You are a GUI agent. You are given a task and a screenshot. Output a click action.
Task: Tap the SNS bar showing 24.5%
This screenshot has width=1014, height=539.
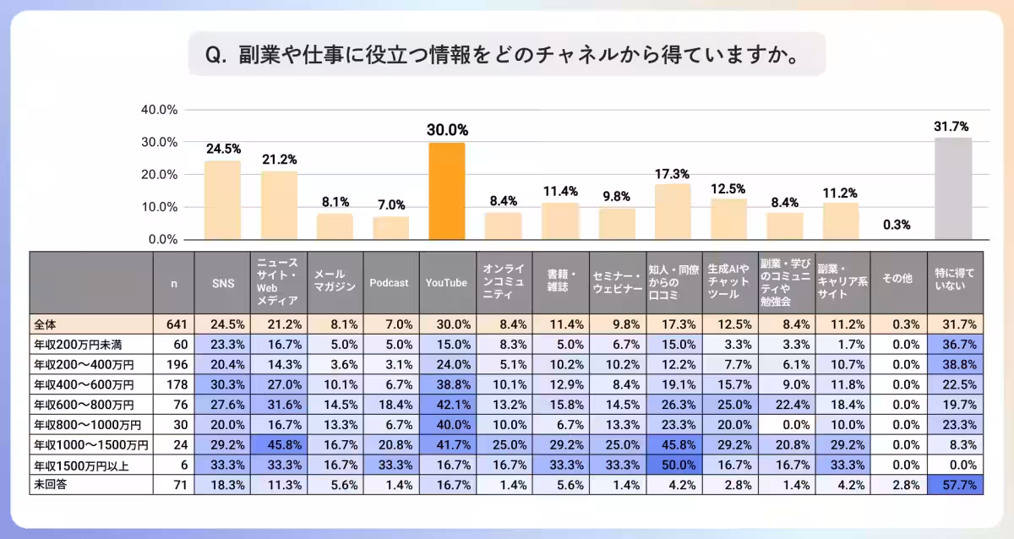tap(222, 200)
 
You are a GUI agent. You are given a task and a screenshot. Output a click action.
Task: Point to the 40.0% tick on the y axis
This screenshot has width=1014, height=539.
tap(158, 110)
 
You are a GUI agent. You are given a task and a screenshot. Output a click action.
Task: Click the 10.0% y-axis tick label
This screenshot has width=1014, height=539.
tap(158, 207)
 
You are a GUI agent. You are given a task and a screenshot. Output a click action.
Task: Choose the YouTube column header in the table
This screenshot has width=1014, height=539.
tap(446, 283)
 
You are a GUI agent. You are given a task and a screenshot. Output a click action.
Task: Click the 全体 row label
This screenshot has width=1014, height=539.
tap(46, 323)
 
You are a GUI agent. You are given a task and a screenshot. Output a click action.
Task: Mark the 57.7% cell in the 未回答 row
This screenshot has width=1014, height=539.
tap(955, 485)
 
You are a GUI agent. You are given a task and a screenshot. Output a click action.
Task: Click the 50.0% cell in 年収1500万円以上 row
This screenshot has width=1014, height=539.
tap(673, 465)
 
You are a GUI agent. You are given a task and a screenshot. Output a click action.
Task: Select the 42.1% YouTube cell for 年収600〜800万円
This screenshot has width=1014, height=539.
tap(447, 404)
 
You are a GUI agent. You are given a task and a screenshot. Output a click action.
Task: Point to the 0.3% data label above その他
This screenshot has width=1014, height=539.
tap(897, 225)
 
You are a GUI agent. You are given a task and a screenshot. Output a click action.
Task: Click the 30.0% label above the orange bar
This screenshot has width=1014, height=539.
tap(447, 130)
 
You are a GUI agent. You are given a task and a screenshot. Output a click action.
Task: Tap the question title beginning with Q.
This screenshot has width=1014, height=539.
tap(504, 55)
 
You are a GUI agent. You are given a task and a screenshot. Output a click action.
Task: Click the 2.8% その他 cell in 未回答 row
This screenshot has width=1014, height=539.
tap(898, 485)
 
